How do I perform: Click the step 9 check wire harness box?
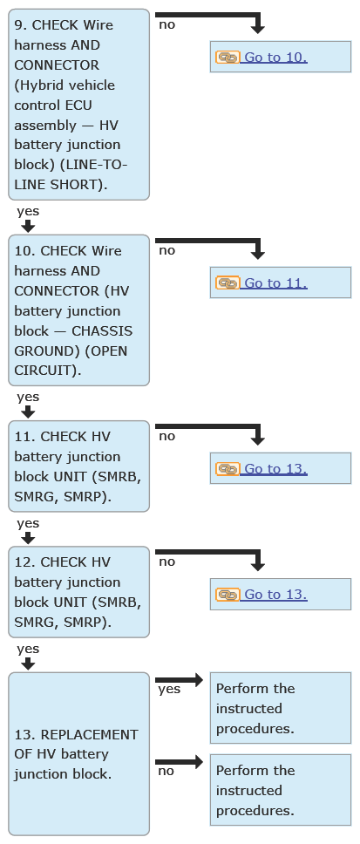coord(78,105)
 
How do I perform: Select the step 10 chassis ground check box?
coord(78,310)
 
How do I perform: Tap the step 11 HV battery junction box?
coord(78,466)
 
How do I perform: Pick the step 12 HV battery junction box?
coord(78,592)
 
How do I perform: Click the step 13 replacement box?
coord(78,753)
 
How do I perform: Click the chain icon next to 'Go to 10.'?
coord(228,57)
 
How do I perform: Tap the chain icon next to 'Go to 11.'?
coord(228,283)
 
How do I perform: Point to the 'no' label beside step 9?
coord(166,24)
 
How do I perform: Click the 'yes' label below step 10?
coord(28,398)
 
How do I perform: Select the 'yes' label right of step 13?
coord(169,690)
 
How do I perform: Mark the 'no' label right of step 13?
coord(166,771)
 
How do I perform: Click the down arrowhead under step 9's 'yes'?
coord(28,226)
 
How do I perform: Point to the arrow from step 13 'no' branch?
coord(180,762)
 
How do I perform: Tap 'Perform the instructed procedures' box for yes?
coord(281,708)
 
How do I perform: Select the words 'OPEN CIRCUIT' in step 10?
coord(71,361)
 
